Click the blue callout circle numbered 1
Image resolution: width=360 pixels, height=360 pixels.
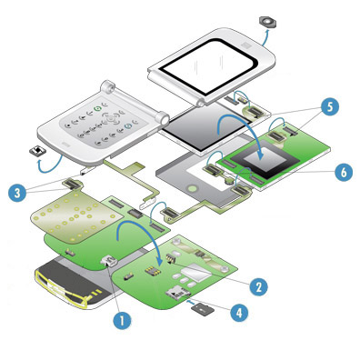click(x=122, y=320)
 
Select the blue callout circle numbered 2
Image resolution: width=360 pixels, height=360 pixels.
click(x=258, y=286)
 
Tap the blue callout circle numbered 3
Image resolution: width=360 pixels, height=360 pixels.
click(x=17, y=193)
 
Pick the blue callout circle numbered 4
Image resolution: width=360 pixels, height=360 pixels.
click(x=239, y=312)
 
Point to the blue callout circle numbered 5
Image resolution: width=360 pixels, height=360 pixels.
click(x=330, y=107)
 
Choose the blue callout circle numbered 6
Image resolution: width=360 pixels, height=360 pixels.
click(x=344, y=173)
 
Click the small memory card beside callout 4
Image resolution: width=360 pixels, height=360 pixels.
click(x=203, y=309)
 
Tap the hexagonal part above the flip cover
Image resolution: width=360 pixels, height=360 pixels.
click(x=267, y=22)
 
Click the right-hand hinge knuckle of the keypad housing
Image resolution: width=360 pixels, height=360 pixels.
click(x=163, y=118)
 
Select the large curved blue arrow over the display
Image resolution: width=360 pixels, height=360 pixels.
click(x=239, y=120)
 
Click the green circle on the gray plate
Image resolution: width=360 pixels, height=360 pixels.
click(x=192, y=189)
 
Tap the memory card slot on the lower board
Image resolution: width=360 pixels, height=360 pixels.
click(x=177, y=292)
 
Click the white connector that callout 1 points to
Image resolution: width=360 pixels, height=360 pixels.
click(x=109, y=261)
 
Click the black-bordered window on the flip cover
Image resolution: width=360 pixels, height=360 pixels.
click(x=208, y=66)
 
